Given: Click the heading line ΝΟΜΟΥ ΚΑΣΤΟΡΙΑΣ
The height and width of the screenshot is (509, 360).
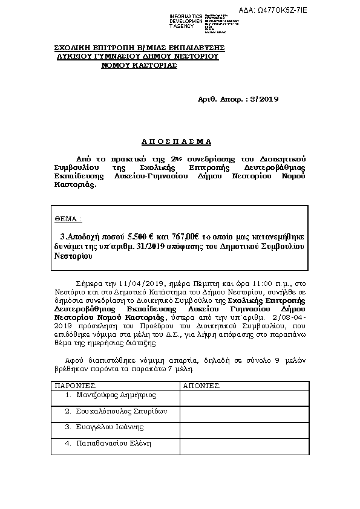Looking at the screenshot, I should pyautogui.click(x=140, y=65).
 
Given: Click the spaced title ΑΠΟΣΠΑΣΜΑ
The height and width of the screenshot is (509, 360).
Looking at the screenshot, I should pyautogui.click(x=175, y=141).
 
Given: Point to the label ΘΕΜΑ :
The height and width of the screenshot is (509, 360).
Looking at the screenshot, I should pyautogui.click(x=68, y=219).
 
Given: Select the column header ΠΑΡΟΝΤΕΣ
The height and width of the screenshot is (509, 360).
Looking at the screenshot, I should pyautogui.click(x=72, y=385).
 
